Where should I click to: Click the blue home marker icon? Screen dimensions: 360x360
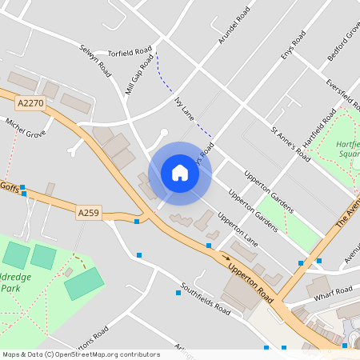pyautogui.click(x=180, y=173)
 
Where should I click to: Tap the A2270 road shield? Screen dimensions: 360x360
pyautogui.click(x=30, y=102)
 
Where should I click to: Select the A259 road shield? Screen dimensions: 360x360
pyautogui.click(x=89, y=212)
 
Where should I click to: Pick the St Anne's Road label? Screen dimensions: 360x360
pyautogui.click(x=290, y=143)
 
